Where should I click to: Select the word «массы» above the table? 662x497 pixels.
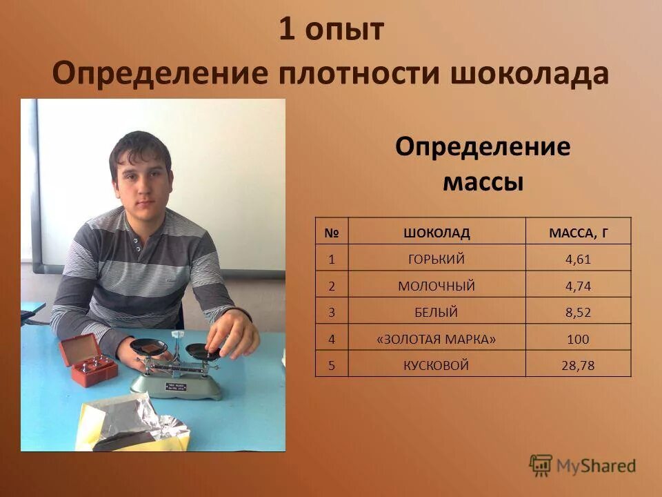coord(482,182)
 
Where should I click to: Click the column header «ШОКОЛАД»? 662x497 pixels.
coord(437,233)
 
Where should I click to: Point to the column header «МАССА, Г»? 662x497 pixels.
coord(578,233)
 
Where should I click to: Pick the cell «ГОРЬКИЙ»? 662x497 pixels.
coord(437,260)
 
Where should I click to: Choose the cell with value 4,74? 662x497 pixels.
coord(578,286)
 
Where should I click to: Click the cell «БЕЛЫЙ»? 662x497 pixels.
coord(437,312)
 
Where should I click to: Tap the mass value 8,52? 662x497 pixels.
coord(578,312)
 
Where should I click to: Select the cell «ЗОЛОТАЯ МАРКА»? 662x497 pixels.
coord(437,339)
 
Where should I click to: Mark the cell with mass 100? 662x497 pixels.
coord(578,339)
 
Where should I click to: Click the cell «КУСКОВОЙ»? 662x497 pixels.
coord(437,365)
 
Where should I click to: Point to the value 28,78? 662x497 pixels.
coord(578,365)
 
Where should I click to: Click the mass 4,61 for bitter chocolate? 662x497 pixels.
coord(578,260)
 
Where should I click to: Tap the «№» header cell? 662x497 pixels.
coord(331,233)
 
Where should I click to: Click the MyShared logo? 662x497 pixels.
coord(583,465)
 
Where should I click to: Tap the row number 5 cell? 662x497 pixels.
coord(331,365)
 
